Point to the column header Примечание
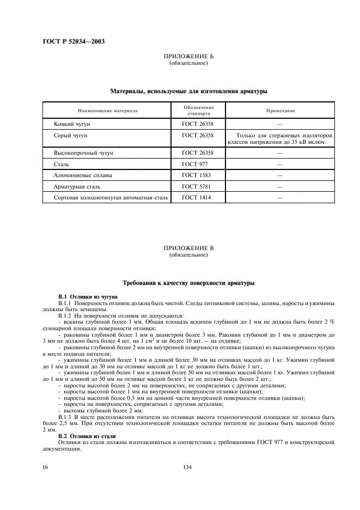click(280, 111)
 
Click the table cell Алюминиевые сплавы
click(77, 175)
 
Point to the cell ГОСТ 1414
click(196, 197)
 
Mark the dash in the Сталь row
click(279, 164)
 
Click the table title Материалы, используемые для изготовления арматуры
click(188, 91)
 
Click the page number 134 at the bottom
click(188, 467)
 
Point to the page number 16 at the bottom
click(46, 467)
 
